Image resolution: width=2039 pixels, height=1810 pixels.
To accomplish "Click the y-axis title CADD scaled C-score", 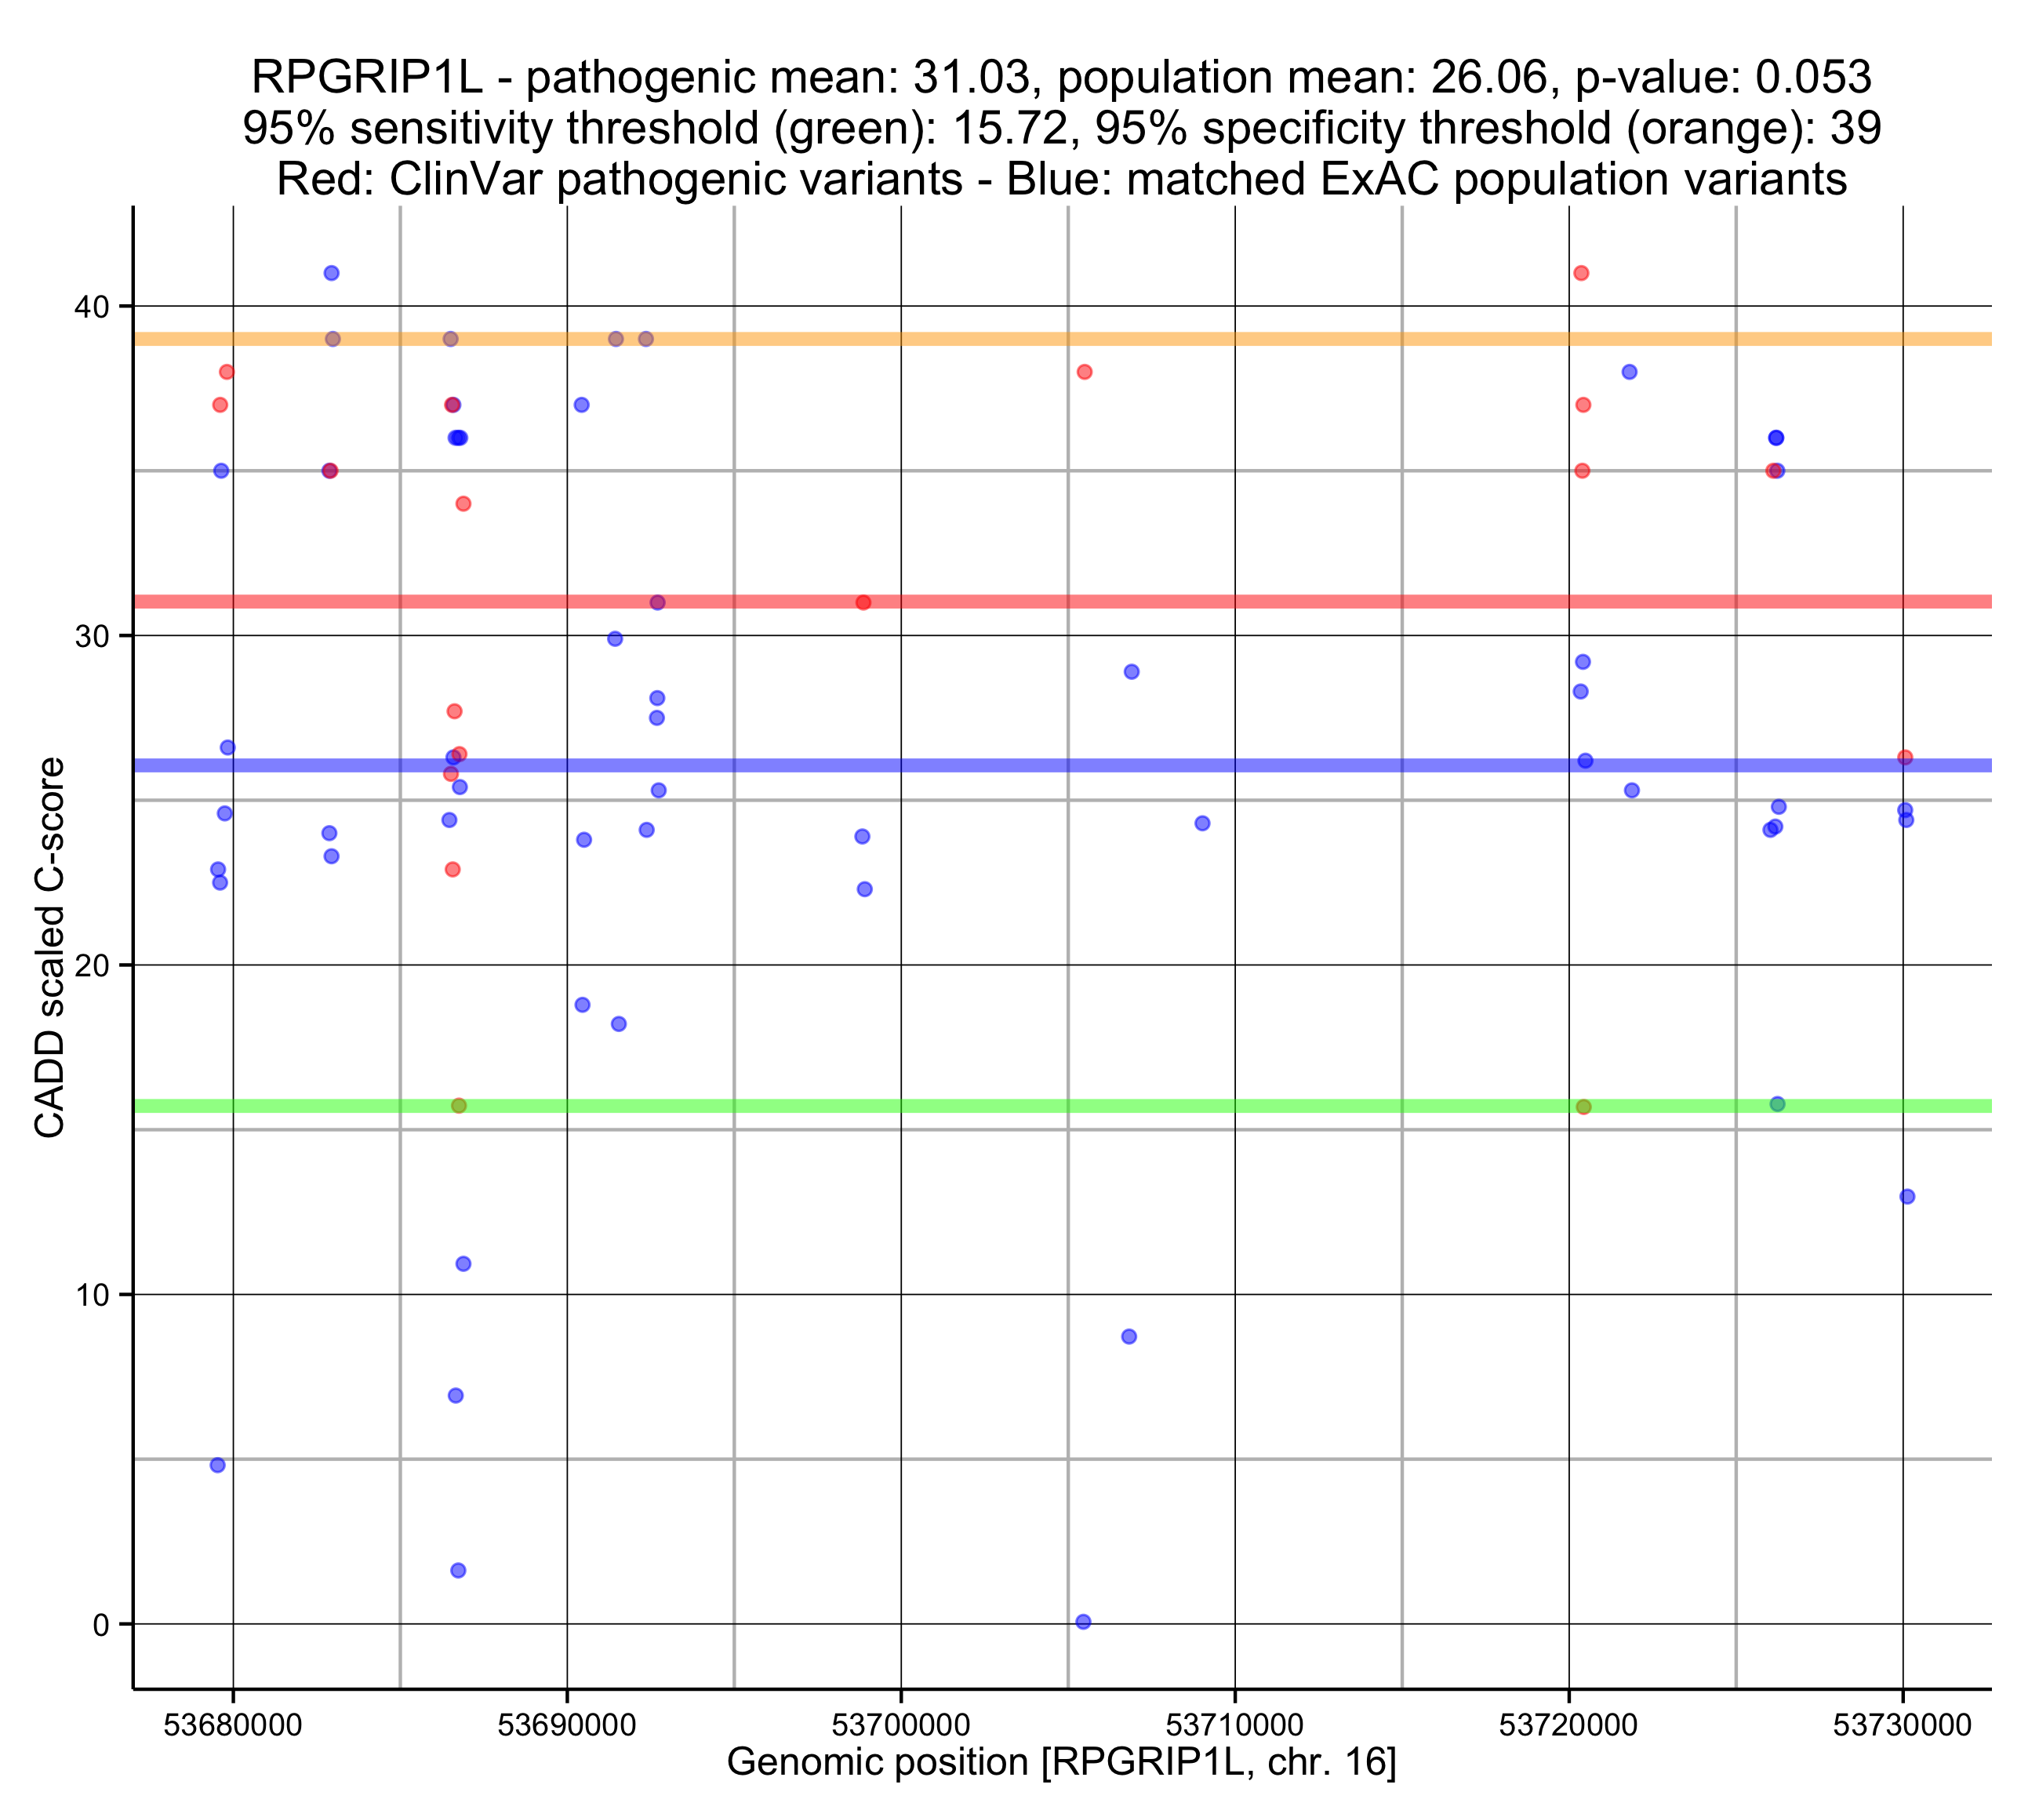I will coord(50,948).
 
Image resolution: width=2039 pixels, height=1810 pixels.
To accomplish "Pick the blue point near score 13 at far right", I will coord(1907,1197).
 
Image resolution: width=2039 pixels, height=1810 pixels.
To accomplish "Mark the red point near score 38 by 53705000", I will coord(1085,373).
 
